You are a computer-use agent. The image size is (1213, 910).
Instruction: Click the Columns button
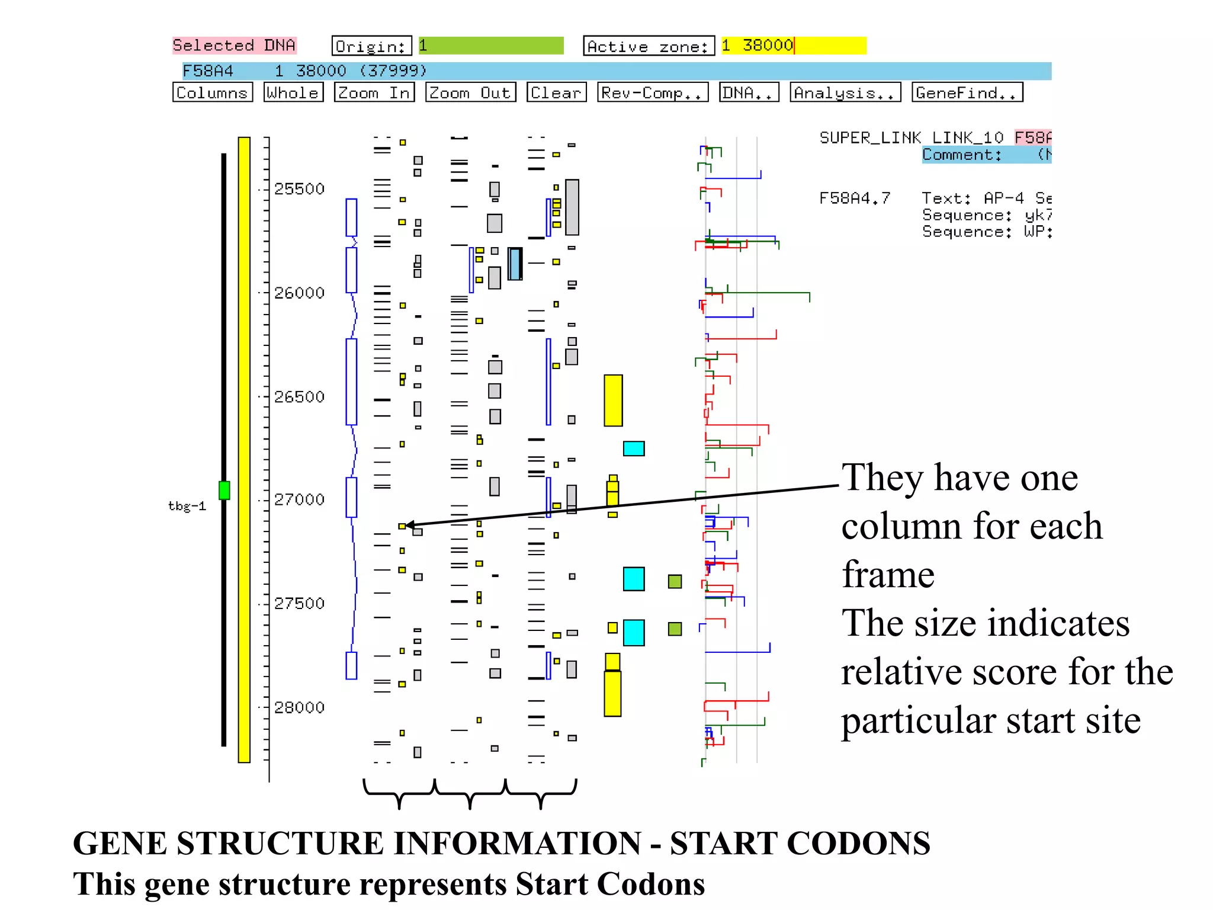(x=212, y=92)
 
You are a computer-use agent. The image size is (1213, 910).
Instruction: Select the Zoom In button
(x=374, y=92)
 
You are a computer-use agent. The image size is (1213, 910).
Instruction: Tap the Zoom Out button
(x=470, y=92)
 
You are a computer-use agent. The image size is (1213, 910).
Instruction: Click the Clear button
(x=556, y=92)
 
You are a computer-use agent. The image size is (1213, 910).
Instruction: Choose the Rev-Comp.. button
(x=652, y=92)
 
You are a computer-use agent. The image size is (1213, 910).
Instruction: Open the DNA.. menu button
(x=749, y=92)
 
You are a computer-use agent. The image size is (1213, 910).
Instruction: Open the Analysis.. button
(x=845, y=92)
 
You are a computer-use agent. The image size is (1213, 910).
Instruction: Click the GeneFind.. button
(x=967, y=92)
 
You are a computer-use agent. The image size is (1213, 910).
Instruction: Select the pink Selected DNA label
(x=234, y=45)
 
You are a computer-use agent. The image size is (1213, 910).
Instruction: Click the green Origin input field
(x=491, y=46)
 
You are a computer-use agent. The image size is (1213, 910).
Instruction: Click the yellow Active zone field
(x=793, y=46)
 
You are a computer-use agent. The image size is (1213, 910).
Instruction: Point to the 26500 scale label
(x=299, y=396)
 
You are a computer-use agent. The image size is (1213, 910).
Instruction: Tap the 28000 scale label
(x=299, y=707)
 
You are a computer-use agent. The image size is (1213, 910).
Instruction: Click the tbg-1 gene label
(x=187, y=506)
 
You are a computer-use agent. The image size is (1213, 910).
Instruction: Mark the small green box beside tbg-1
(x=224, y=490)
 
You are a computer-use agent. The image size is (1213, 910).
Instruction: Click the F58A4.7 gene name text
(x=854, y=198)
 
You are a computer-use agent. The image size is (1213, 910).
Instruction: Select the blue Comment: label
(x=962, y=155)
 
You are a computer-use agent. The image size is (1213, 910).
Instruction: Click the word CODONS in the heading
(x=858, y=844)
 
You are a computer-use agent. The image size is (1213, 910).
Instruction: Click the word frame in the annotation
(x=888, y=575)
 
